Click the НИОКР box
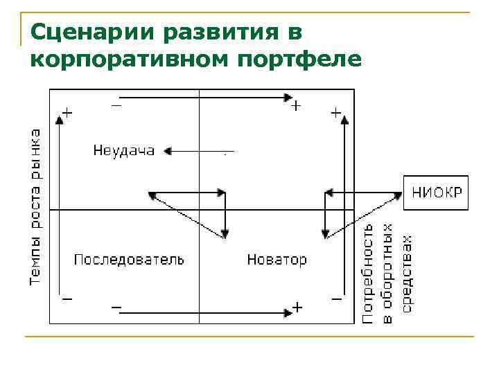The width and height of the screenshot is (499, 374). pos(435,192)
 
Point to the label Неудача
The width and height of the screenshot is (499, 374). pos(124,150)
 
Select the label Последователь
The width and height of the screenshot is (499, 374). pos(129,260)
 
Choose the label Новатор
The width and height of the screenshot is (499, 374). pos(277,260)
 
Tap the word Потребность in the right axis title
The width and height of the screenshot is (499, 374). pos(369,273)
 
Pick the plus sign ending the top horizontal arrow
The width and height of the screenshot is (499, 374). pos(296,106)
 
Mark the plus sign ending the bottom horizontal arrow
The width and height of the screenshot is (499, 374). pos(297,308)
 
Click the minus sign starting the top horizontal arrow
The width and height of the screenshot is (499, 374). pos(116,105)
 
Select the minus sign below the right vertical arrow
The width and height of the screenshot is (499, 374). pos(336,299)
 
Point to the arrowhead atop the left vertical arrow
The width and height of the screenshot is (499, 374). pos(60,119)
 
